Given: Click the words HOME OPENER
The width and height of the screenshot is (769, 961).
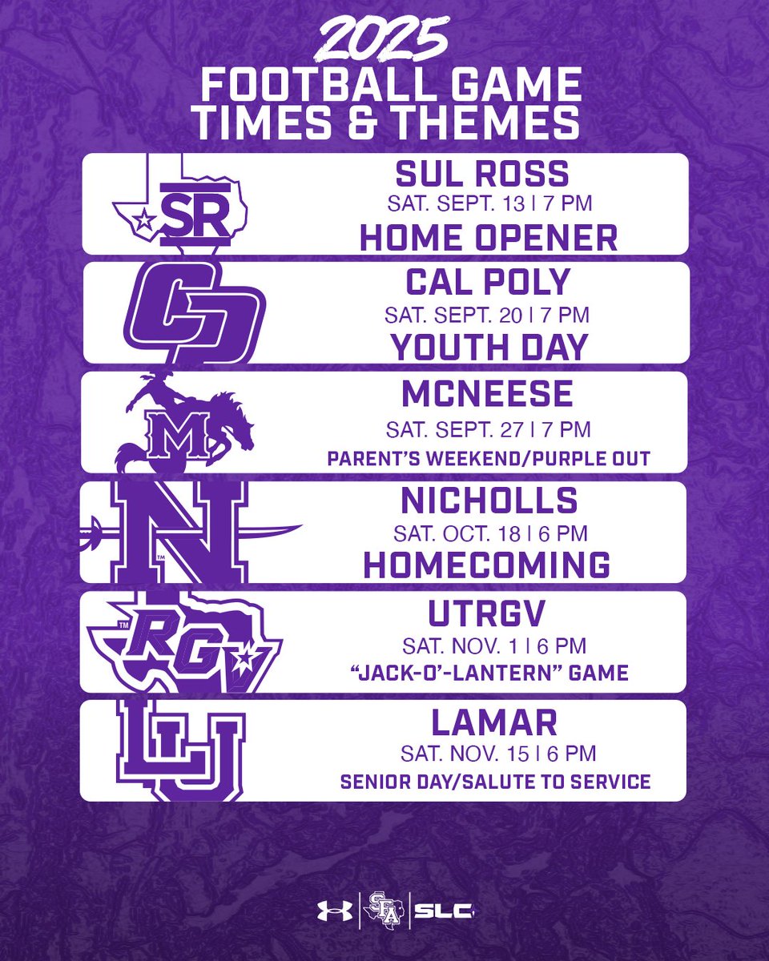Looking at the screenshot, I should coord(488,237).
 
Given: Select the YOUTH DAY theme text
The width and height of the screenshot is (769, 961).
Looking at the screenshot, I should coord(488,347).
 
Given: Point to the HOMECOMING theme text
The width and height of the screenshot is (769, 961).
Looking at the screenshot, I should coord(487,565).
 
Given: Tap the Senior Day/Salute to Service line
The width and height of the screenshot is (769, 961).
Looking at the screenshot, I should coord(495,782).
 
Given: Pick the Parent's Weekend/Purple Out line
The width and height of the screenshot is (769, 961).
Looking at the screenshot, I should coord(488,458).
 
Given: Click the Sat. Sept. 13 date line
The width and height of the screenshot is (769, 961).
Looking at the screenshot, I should coord(488,203).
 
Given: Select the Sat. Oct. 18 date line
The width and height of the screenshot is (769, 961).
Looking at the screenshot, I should coord(488,533).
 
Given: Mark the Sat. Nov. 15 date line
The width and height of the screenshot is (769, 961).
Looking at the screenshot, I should coord(488,753).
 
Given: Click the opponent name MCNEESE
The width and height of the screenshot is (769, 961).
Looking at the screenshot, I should coord(488,393).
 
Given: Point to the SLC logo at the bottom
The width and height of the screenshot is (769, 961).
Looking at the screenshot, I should coord(443,911).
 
